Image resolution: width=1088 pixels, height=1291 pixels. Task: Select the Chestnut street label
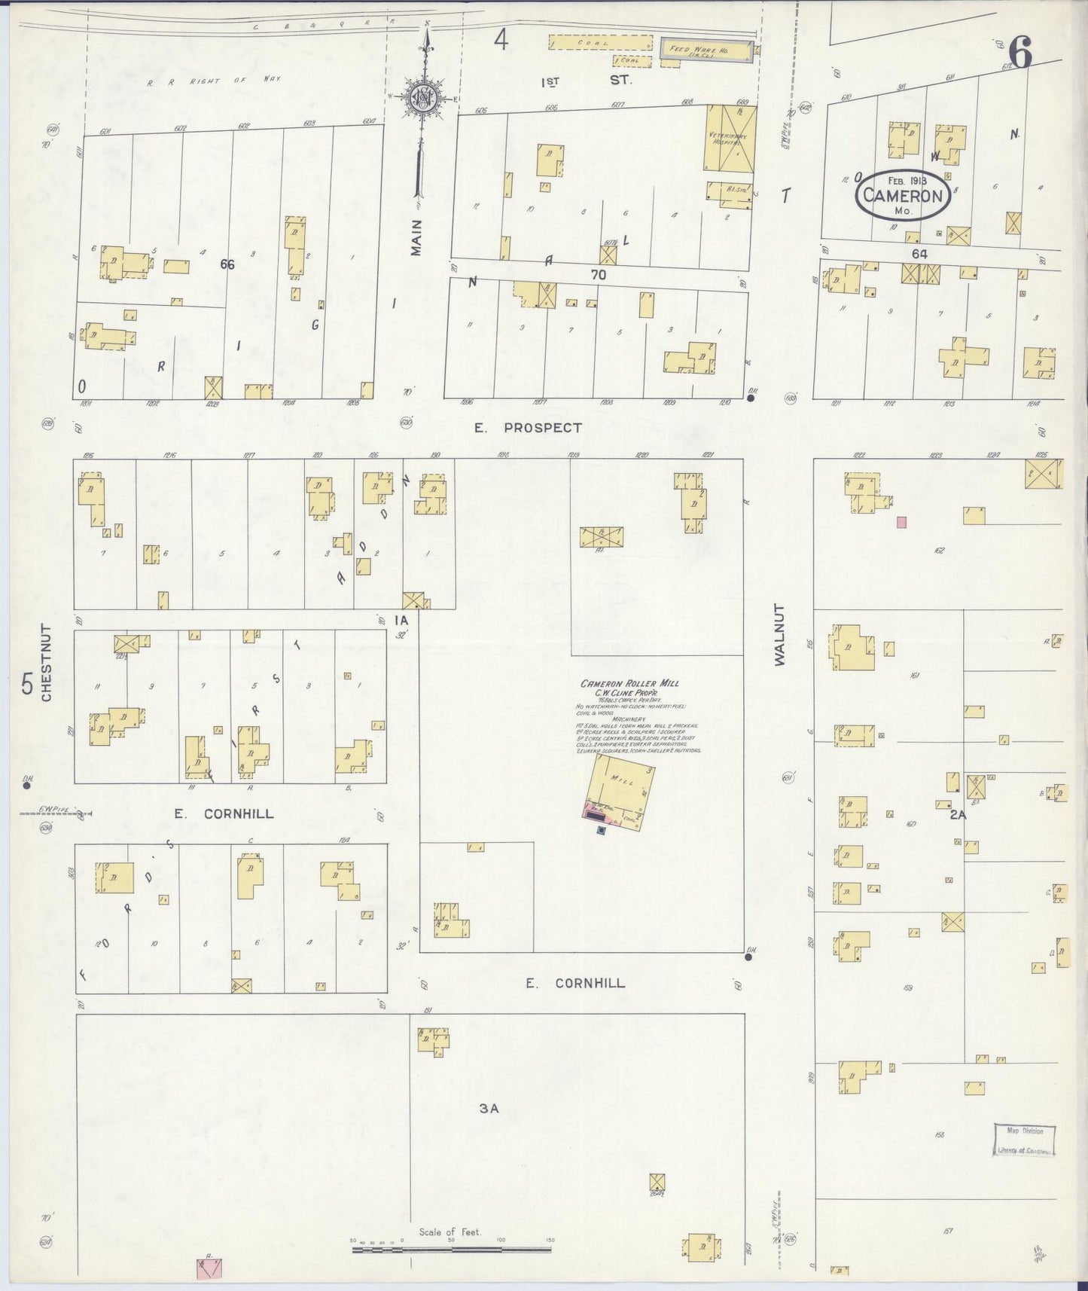[x=47, y=663]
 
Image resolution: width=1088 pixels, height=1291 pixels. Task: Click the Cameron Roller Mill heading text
[x=629, y=683]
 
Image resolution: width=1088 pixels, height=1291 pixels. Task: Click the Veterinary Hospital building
[x=730, y=138]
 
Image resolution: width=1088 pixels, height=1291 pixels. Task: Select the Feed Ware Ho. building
[x=706, y=50]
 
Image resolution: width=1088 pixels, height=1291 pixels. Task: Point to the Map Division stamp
[x=1025, y=1140]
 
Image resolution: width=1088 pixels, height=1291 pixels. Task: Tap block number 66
[x=227, y=264]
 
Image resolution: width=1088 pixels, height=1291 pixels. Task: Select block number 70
[x=598, y=276]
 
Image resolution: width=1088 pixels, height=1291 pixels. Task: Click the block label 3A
[x=489, y=1108]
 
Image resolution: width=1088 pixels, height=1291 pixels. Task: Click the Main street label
[x=416, y=237]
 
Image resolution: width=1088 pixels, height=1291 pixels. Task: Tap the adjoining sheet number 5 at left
[x=27, y=684]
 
